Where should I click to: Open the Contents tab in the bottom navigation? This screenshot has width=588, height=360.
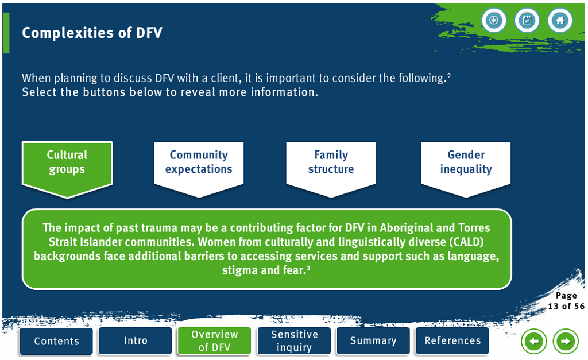(x=56, y=341)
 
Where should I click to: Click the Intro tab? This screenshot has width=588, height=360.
(x=136, y=341)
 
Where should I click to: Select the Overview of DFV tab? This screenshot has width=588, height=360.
(x=215, y=341)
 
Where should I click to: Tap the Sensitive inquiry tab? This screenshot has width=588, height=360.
(x=294, y=341)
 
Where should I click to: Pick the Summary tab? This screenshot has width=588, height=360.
(x=373, y=341)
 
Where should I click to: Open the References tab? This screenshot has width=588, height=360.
(x=452, y=341)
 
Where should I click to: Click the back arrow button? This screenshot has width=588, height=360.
(x=533, y=341)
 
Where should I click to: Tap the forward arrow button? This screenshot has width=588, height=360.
(x=566, y=341)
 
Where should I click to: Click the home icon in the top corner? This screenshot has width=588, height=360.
(x=560, y=20)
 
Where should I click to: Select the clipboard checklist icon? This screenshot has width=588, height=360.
(x=527, y=20)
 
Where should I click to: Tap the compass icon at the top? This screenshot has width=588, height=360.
(x=494, y=20)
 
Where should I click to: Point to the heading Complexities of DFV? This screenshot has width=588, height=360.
(x=92, y=33)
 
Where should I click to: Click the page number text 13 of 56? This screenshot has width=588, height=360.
(x=566, y=306)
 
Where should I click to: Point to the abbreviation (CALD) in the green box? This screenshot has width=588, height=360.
(x=466, y=242)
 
